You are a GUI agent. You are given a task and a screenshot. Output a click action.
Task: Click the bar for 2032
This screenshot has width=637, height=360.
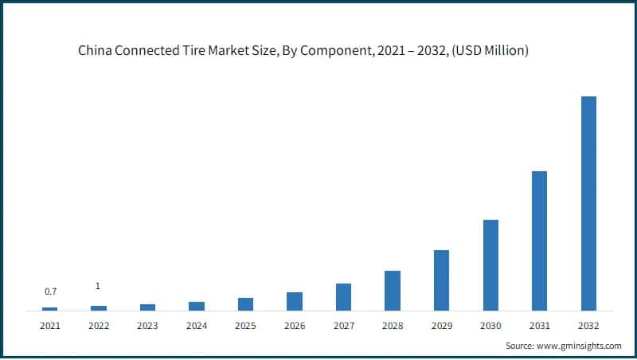[588, 203]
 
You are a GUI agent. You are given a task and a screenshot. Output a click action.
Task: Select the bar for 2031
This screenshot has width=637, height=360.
[539, 241]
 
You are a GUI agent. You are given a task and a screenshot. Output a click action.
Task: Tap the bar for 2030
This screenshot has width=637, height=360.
[490, 264]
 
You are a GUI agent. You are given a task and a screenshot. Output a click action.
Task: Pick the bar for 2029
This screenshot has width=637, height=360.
[441, 280]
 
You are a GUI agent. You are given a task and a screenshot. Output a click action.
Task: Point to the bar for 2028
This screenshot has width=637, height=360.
[393, 290]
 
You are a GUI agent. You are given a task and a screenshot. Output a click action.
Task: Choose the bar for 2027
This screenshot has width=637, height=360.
[343, 296]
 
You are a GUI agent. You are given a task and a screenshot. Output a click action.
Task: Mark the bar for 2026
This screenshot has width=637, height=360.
[295, 301]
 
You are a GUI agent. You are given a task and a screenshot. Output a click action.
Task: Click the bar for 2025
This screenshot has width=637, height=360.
[245, 303]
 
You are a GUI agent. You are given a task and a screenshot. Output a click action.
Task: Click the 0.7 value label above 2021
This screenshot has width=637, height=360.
[50, 292]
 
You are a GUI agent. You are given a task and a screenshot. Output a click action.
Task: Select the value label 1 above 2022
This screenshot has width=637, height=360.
[98, 286]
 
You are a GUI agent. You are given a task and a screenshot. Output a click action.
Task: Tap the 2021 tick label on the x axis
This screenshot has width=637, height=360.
[50, 326]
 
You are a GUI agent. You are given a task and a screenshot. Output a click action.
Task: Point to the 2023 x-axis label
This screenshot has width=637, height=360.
[148, 326]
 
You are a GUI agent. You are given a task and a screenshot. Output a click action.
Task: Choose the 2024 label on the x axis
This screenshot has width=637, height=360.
[197, 326]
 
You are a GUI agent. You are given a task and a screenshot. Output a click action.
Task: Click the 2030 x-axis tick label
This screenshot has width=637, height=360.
[490, 326]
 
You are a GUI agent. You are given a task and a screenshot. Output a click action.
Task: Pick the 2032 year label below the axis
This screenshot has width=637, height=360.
[588, 326]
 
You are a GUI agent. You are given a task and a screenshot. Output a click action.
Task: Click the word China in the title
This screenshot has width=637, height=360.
[94, 51]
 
